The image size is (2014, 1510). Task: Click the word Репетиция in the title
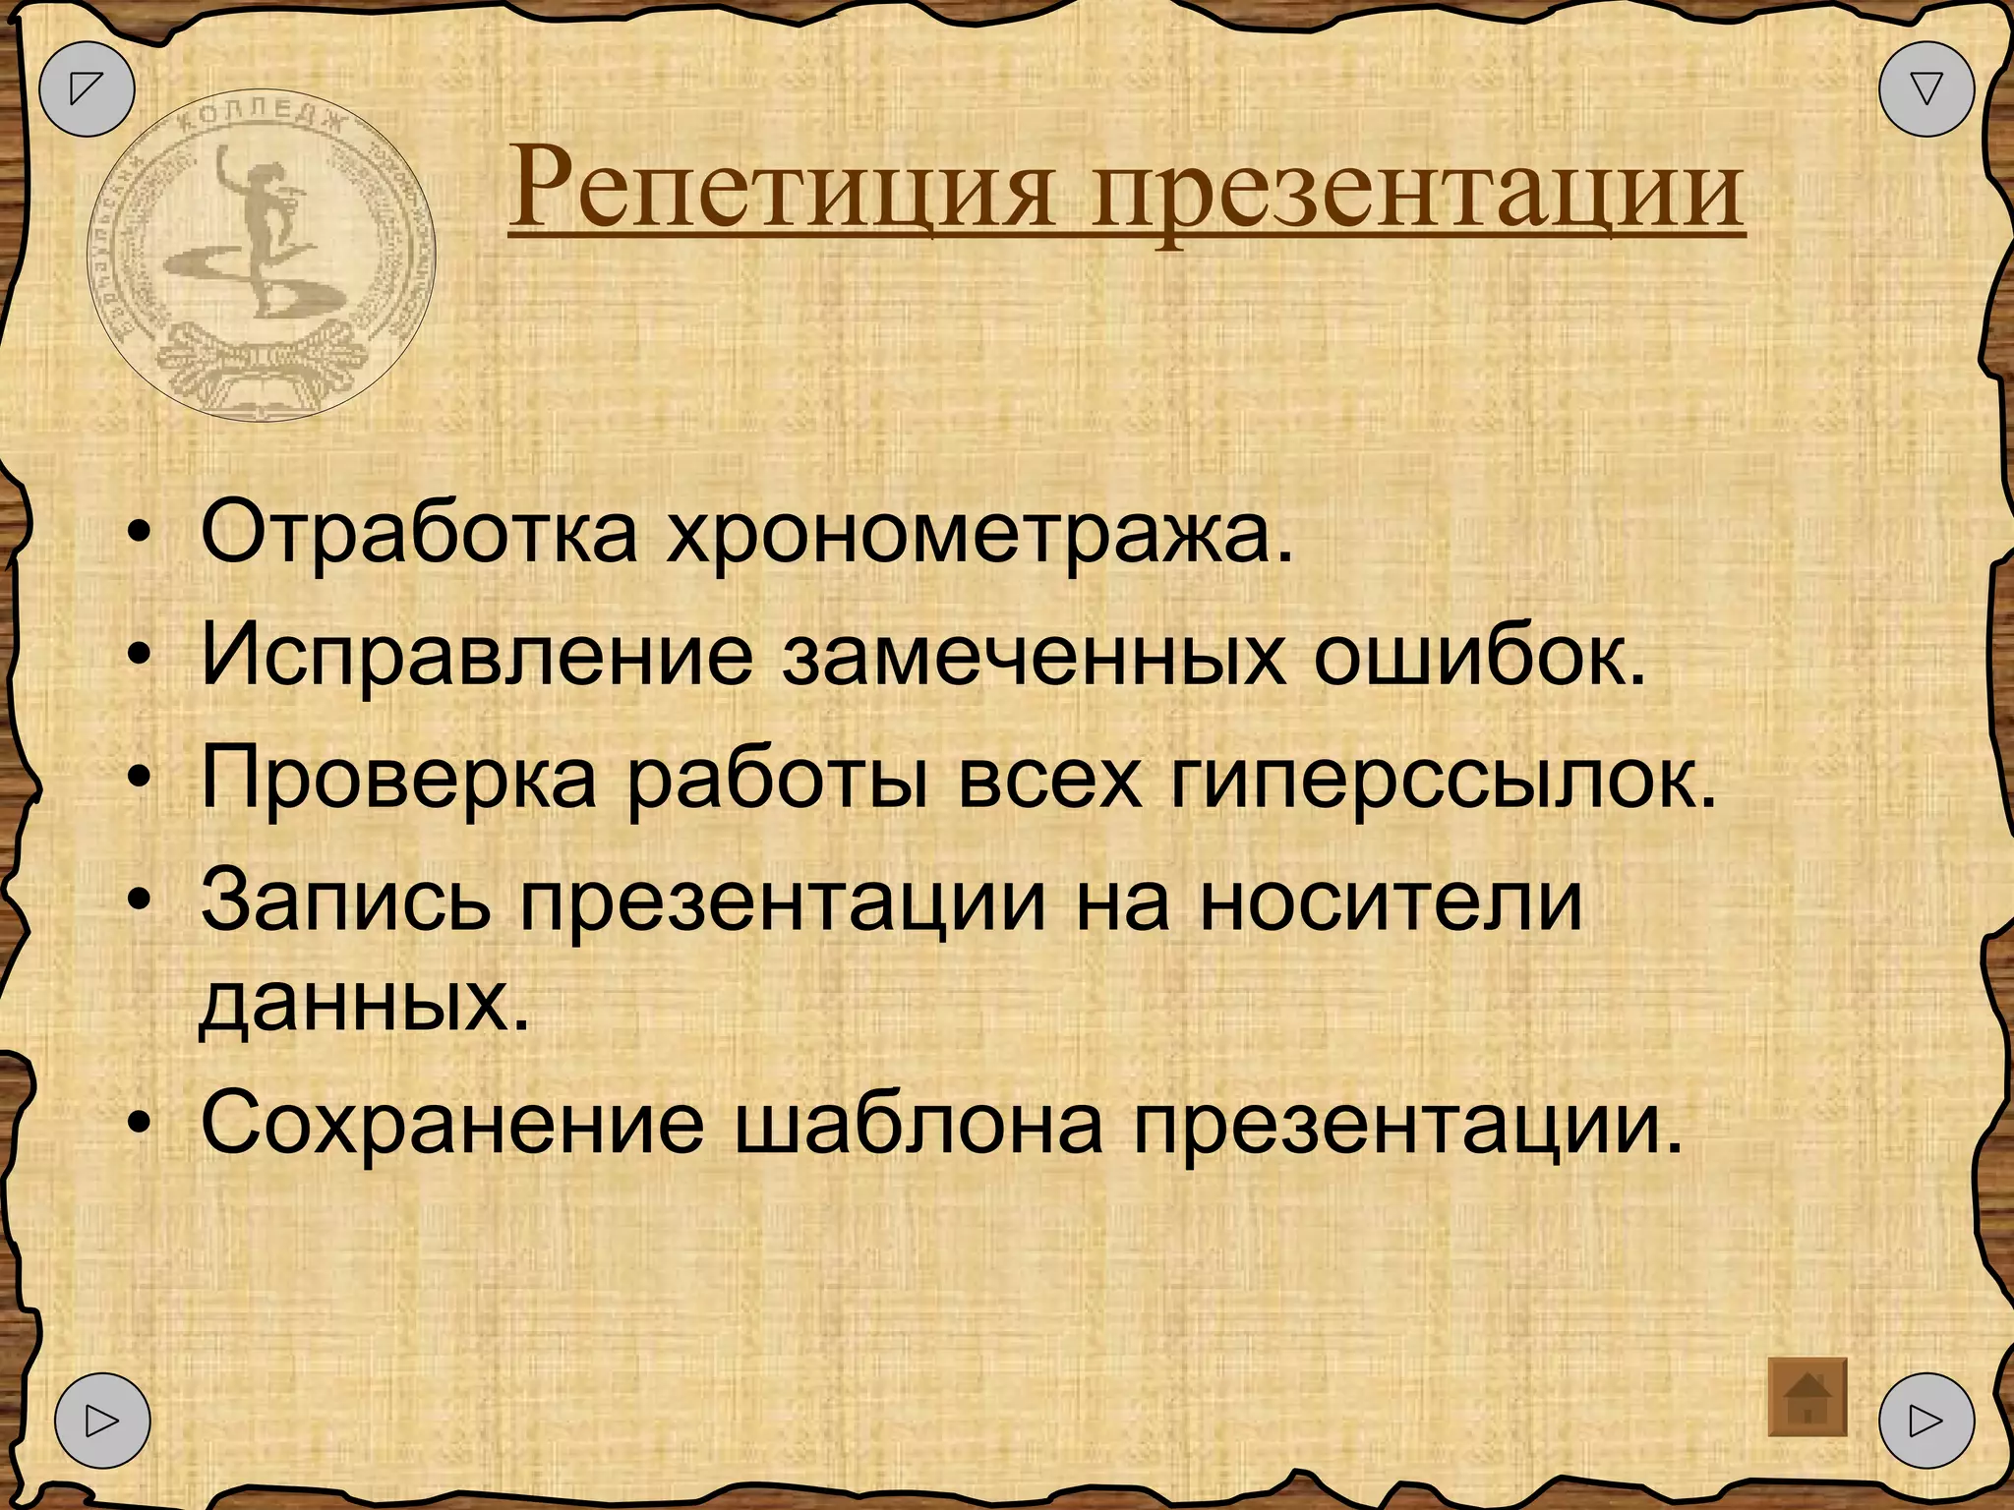[783, 187]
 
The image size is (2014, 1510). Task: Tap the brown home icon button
[1807, 1397]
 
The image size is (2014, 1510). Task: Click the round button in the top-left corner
[87, 88]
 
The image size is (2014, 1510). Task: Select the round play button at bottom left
[102, 1421]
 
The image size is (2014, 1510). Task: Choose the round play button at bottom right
[1925, 1421]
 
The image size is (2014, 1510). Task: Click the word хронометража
[978, 539]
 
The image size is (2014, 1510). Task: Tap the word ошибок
[1478, 656]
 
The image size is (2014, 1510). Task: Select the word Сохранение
[453, 1123]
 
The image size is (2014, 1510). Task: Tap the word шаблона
[919, 1123]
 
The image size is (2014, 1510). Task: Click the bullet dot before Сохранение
[142, 1123]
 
